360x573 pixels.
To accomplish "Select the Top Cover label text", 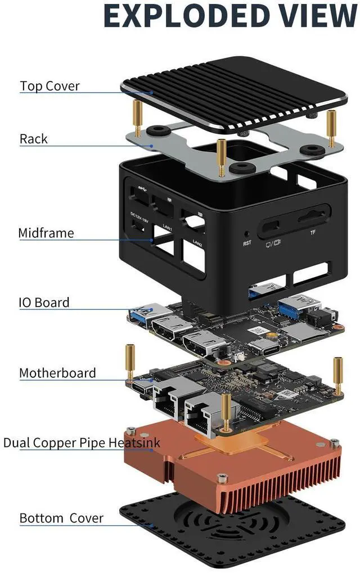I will pyautogui.click(x=49, y=86).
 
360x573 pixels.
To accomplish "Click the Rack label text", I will pyautogui.click(x=34, y=138).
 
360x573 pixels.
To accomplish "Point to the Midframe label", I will pyautogui.click(x=46, y=233).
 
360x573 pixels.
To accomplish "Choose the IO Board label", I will pyautogui.click(x=44, y=302).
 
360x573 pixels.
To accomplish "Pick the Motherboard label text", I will pyautogui.click(x=57, y=373).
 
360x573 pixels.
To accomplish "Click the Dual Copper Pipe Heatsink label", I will pyautogui.click(x=82, y=443).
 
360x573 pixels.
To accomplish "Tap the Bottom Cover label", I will pyautogui.click(x=61, y=518).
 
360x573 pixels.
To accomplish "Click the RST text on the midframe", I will pyautogui.click(x=247, y=243).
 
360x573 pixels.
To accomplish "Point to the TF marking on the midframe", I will pyautogui.click(x=313, y=232).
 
